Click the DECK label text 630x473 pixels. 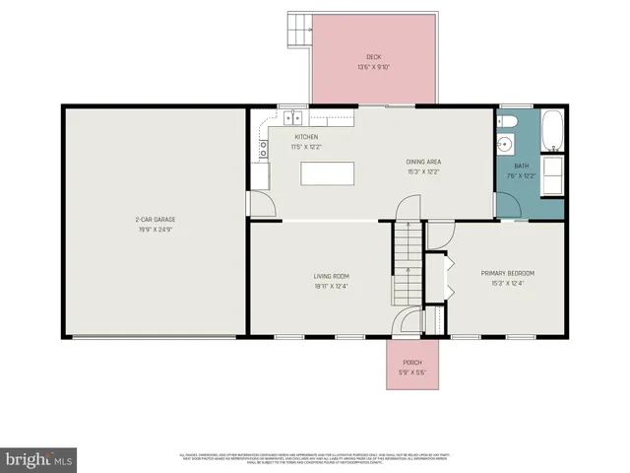[x=373, y=57]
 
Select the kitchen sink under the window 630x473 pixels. [x=293, y=118]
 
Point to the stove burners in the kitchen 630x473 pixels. [x=263, y=150]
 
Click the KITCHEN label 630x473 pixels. [x=305, y=137]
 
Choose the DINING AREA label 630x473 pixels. [x=423, y=161]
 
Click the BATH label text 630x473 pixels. [x=521, y=167]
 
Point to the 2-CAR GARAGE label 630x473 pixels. [x=156, y=219]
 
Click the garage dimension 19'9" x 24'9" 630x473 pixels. [x=156, y=229]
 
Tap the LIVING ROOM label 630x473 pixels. [x=332, y=276]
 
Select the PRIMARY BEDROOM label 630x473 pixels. [x=507, y=273]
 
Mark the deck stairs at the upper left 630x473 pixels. [x=299, y=31]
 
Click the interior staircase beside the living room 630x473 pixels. [x=408, y=264]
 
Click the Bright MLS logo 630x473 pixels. [x=39, y=459]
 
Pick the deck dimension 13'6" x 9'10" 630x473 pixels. [x=373, y=68]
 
